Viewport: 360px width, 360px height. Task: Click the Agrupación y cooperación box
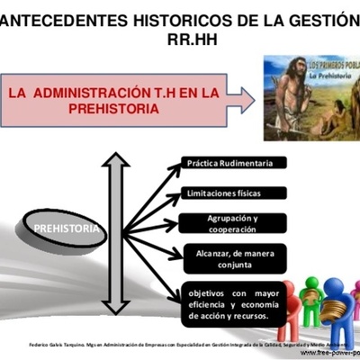[231, 223]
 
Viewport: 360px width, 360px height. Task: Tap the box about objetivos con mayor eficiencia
[231, 302]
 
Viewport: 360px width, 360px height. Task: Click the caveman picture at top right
[310, 97]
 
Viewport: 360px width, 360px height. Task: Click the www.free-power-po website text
[328, 352]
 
